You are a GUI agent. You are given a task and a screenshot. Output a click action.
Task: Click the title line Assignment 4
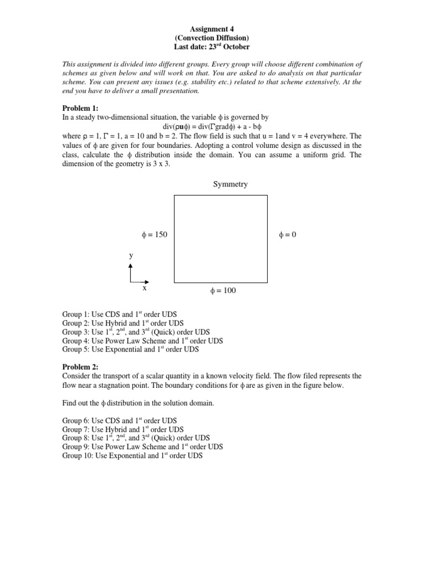pos(212,28)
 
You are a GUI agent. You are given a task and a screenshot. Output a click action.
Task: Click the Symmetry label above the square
pos(230,184)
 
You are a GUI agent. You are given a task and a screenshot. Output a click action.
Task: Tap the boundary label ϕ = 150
pos(155,235)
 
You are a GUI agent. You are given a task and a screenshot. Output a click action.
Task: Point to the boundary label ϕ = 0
pos(287,235)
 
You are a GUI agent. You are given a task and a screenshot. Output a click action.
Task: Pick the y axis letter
pos(131,255)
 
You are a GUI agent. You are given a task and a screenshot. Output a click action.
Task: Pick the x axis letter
pos(145,287)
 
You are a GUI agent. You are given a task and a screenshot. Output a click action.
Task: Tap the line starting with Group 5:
pos(130,349)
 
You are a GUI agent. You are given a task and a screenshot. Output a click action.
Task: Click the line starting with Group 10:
pos(132,456)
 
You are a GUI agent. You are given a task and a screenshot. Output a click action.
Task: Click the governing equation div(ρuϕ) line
pos(212,127)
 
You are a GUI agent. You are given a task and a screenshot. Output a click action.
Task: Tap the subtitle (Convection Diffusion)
pos(212,38)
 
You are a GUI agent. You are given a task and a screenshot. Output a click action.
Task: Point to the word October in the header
pos(237,47)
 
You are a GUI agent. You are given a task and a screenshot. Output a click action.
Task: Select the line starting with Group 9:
pos(142,447)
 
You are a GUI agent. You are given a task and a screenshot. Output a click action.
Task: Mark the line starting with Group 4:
pos(142,341)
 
